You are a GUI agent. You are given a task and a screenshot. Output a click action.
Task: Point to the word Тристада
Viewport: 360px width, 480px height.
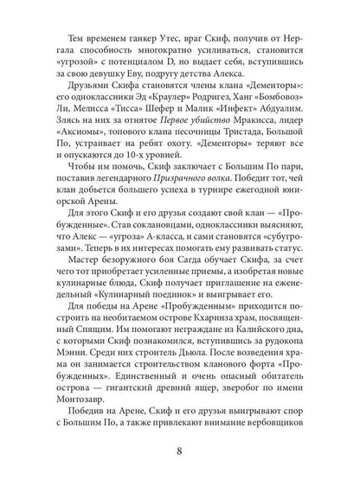tap(244, 157)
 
